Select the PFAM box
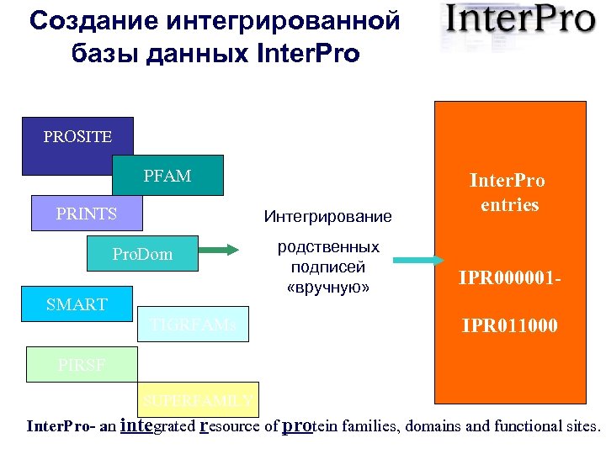(167, 177)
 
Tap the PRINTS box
(87, 214)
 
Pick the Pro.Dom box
(142, 254)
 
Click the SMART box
(76, 304)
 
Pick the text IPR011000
(507, 324)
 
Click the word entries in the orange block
(508, 204)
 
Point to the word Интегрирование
(327, 217)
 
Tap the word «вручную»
(328, 288)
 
